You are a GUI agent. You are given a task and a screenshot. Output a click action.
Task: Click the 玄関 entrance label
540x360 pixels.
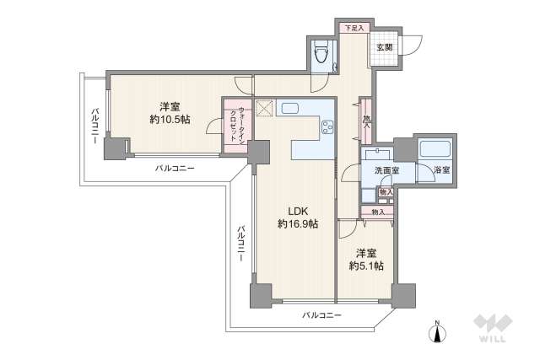tap(384, 46)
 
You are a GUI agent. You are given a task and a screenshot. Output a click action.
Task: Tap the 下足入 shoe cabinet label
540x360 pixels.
tap(354, 28)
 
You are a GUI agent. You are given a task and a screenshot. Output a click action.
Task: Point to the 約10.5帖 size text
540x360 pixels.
tap(170, 120)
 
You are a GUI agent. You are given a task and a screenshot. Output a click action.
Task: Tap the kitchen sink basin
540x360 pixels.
tap(289, 108)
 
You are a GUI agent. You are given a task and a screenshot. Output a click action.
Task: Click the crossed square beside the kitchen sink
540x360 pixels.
tap(263, 107)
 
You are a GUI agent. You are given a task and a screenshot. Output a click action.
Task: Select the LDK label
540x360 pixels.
tap(299, 211)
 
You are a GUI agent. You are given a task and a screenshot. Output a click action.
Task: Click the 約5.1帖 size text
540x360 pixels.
tap(367, 266)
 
